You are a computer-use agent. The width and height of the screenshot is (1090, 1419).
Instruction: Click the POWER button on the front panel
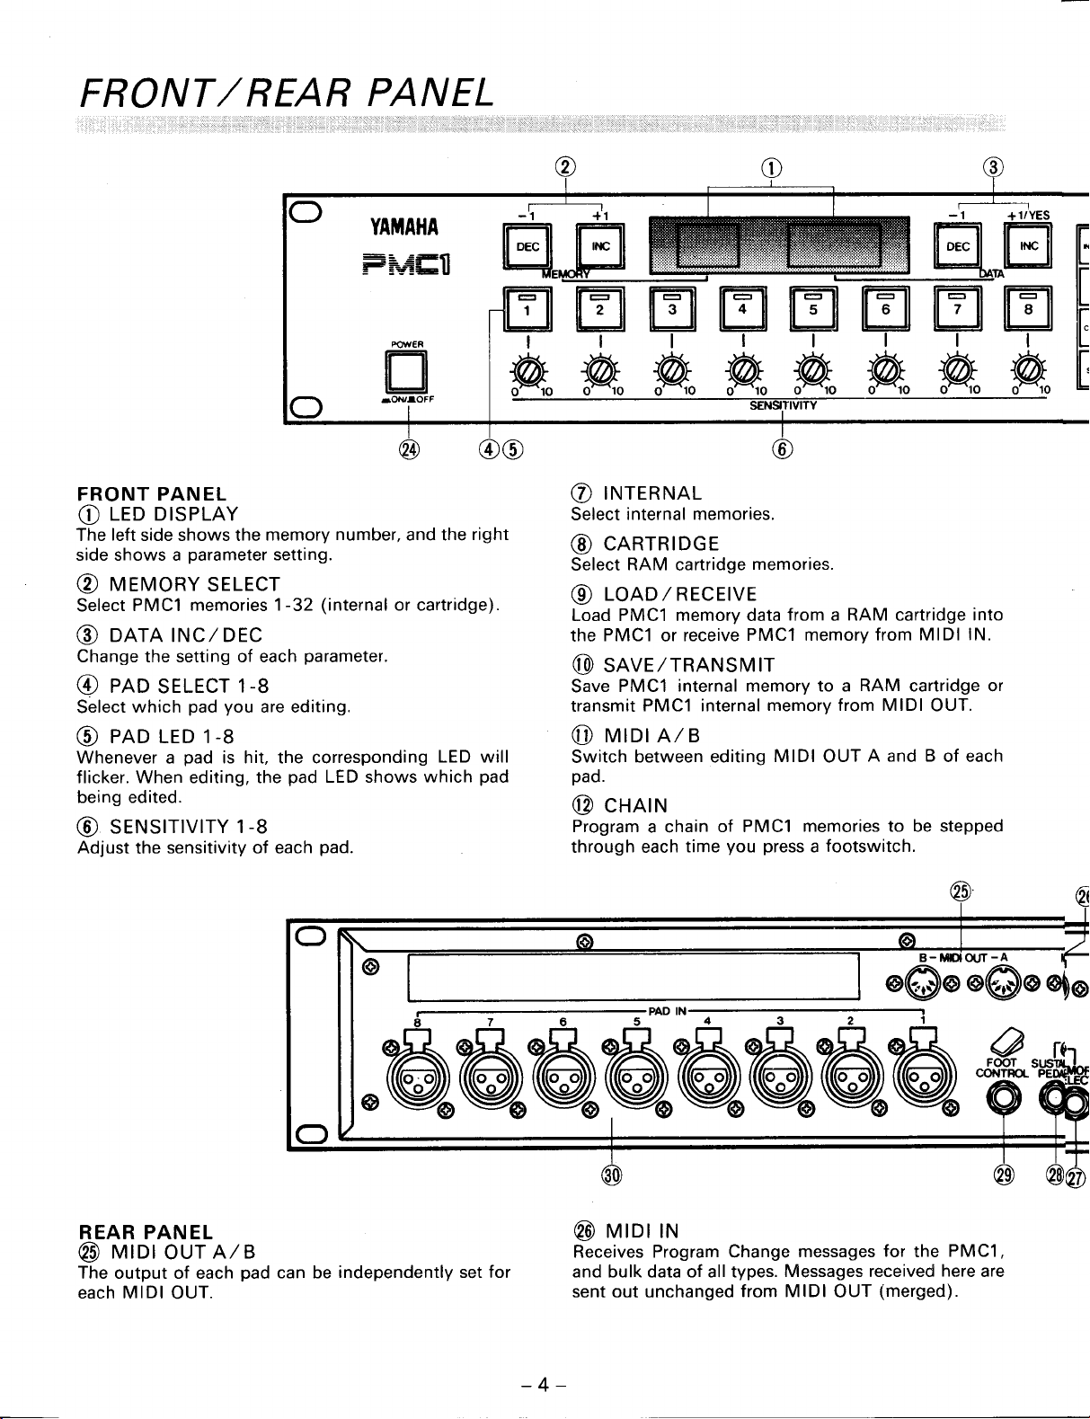[x=406, y=371]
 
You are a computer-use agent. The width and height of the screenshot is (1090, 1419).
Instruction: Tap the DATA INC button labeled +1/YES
[x=1028, y=245]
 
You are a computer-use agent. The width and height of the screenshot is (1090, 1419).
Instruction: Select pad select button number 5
[x=813, y=308]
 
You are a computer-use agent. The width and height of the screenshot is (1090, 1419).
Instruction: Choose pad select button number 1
[x=527, y=308]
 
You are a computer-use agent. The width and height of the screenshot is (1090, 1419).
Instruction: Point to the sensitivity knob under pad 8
[x=1028, y=372]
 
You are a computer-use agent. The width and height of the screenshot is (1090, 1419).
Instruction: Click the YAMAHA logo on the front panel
[x=404, y=226]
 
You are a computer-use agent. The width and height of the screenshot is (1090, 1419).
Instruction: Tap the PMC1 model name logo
[x=407, y=264]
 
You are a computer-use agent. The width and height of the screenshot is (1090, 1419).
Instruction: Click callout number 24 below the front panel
[x=409, y=449]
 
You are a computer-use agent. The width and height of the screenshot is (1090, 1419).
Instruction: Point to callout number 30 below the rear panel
[x=612, y=1175]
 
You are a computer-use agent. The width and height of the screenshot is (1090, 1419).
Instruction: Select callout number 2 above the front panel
[x=565, y=167]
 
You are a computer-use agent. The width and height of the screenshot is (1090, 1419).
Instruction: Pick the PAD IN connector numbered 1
[x=924, y=1082]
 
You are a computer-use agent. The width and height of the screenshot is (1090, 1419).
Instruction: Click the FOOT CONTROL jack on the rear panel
[x=1003, y=1101]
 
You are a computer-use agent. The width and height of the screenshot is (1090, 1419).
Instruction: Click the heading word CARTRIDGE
[x=661, y=544]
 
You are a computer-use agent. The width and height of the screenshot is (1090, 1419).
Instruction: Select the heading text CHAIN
[x=635, y=805]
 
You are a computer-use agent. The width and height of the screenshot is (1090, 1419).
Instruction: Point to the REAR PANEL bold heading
[x=146, y=1232]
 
